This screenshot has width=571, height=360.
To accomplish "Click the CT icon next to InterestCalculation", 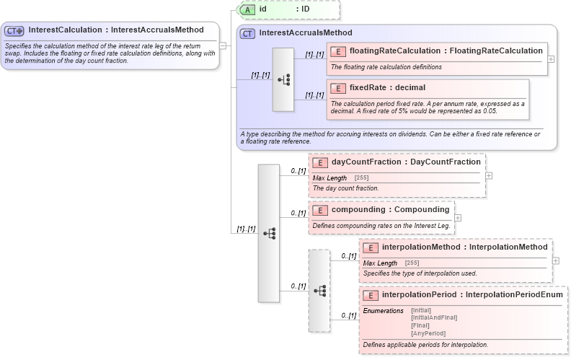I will point(14,30).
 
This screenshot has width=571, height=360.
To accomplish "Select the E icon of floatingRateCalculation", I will point(337,51).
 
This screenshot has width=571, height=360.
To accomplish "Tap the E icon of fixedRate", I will point(337,88).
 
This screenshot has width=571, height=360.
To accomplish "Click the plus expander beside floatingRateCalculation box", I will point(552,58).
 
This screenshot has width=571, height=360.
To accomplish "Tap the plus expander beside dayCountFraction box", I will point(489,175).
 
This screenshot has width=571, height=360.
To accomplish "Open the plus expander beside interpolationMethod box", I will point(556,260).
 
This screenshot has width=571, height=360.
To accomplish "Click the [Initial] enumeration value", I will point(421,310).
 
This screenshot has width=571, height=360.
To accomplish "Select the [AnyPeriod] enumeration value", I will point(428,333).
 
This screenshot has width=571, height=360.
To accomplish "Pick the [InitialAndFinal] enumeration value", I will point(433,317).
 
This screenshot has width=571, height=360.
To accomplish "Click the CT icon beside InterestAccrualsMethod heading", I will point(248,33).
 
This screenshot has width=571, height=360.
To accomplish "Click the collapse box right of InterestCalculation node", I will point(223,45).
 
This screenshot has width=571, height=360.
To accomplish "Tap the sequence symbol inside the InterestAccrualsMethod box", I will point(283,79).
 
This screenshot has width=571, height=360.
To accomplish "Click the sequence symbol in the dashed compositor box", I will point(319,290).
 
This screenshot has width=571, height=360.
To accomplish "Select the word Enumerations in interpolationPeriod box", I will point(383,310).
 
